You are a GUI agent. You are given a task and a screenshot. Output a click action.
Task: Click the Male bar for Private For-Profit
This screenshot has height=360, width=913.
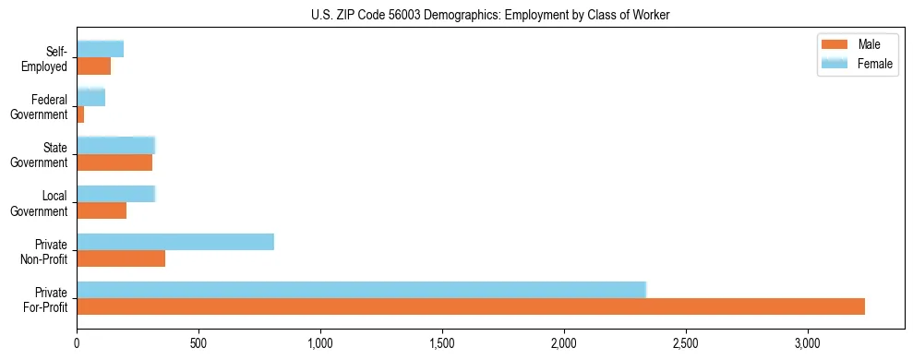(x=471, y=307)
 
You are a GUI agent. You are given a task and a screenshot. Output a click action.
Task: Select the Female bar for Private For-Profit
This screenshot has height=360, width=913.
(x=361, y=290)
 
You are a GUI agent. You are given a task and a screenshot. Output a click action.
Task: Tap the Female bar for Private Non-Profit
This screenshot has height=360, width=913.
(x=175, y=242)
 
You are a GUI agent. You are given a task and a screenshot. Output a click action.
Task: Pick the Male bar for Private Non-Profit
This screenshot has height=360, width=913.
(x=121, y=259)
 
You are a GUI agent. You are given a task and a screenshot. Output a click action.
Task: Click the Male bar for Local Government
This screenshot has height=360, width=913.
(x=102, y=211)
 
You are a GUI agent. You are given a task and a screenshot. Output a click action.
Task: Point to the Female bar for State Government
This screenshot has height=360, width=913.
(x=115, y=145)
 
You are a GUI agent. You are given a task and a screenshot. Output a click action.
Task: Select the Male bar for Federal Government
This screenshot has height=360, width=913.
(x=80, y=114)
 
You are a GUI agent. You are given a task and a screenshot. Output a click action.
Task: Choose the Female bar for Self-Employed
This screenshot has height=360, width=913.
(x=100, y=49)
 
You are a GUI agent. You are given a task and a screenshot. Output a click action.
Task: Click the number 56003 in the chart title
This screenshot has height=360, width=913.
(x=361, y=16)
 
